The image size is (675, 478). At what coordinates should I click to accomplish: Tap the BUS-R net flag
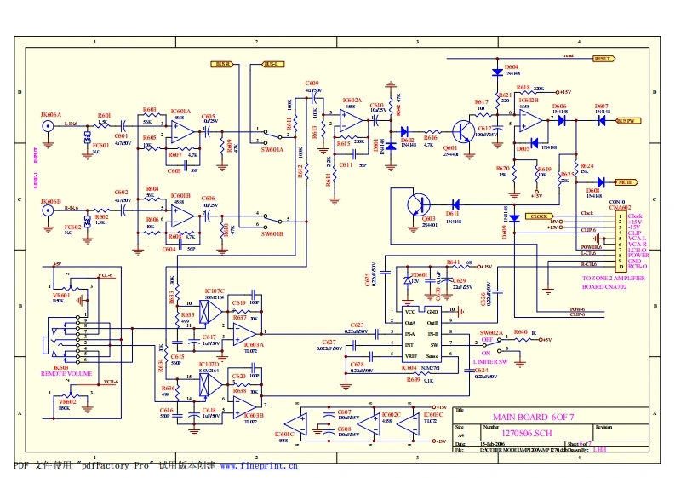coord(221,64)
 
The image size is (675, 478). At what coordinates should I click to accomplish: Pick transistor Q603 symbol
coord(418,204)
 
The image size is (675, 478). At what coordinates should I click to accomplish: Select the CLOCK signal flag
coord(541,216)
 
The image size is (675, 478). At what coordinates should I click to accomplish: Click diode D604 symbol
coord(497,73)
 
